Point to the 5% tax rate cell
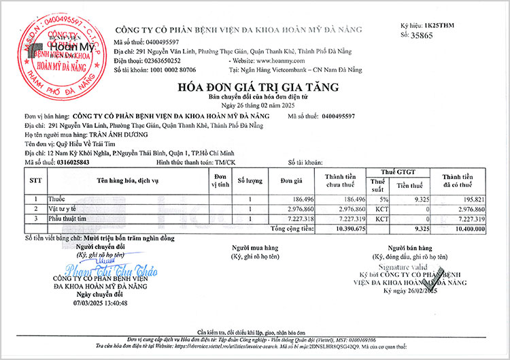pyautogui.click(x=383, y=199)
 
